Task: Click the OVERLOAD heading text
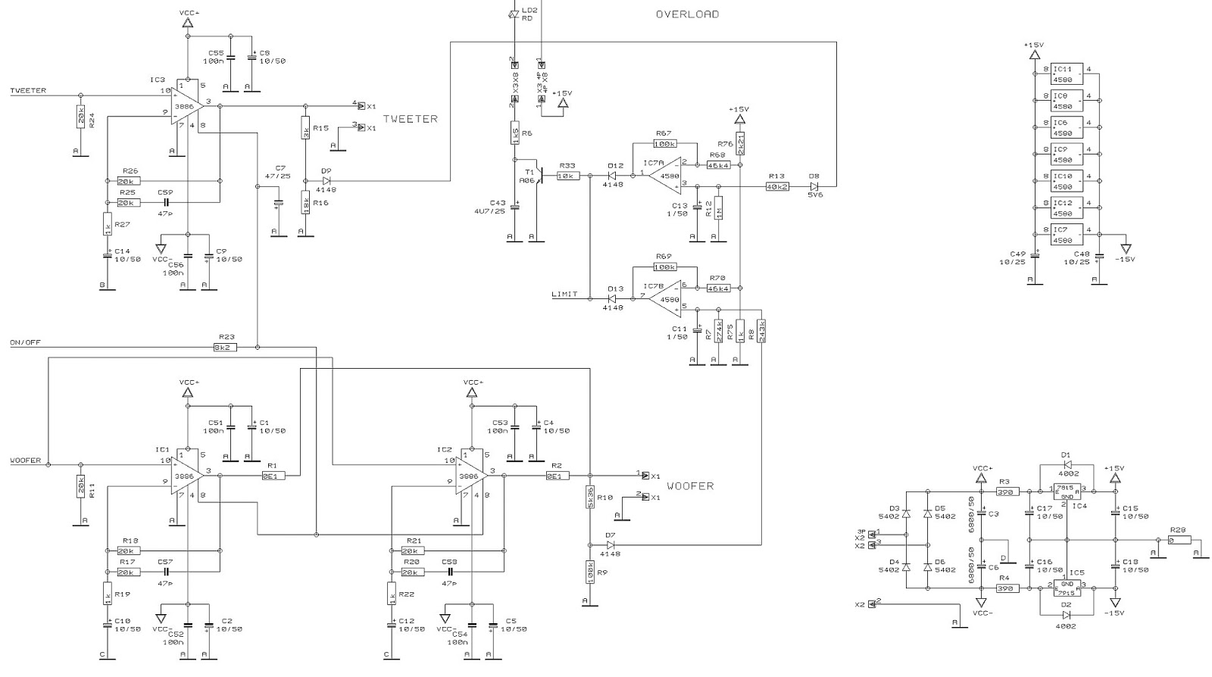point(687,14)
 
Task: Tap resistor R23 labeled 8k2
point(226,347)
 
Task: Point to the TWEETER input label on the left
point(28,91)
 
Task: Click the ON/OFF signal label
point(26,342)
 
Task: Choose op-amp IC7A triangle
point(667,176)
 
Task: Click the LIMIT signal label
point(564,294)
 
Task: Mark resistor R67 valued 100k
point(664,143)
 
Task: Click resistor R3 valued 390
point(1005,491)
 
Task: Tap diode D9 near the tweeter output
point(326,181)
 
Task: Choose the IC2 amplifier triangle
point(471,476)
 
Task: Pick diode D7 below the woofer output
point(611,544)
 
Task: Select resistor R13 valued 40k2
point(777,186)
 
